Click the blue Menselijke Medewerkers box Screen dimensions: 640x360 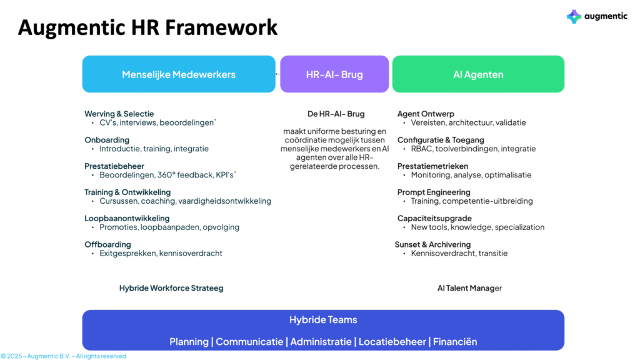(179, 74)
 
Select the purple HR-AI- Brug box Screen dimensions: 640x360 (334, 74)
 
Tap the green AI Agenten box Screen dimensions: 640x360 (478, 74)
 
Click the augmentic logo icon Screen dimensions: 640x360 (574, 16)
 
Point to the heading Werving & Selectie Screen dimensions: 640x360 (119, 114)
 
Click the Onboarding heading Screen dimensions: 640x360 (107, 140)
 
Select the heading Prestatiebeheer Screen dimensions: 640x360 (114, 166)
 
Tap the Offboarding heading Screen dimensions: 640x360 (107, 244)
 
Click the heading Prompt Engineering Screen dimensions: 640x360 (434, 192)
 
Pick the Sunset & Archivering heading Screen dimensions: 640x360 (432, 244)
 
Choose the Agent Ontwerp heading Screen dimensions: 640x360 (426, 114)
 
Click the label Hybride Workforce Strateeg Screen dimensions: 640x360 (171, 288)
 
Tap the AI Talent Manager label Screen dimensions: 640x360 (470, 288)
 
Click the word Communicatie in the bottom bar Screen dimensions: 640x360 (249, 342)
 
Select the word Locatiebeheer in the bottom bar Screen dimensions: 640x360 (392, 342)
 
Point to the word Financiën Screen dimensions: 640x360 (455, 342)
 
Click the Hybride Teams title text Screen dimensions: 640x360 (323, 319)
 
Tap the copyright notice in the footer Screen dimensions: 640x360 (64, 356)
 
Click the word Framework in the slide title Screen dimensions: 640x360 (221, 27)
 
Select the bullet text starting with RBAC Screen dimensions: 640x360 (474, 149)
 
